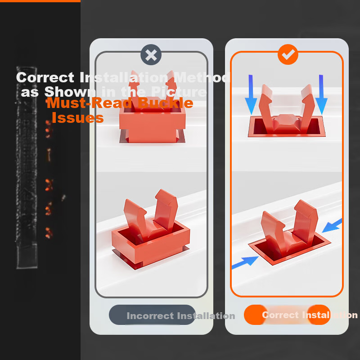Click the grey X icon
(x=151, y=54)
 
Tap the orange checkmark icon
(x=288, y=54)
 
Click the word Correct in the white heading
(x=45, y=77)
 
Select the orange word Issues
(x=77, y=118)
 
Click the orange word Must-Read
(x=89, y=103)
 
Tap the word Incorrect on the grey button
(x=150, y=316)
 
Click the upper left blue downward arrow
(x=251, y=94)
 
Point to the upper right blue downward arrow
(x=321, y=94)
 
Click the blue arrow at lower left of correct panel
(x=245, y=262)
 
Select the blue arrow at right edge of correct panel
(x=332, y=225)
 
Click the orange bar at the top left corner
(x=40, y=1)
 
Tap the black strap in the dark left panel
(x=27, y=167)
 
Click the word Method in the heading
(x=202, y=77)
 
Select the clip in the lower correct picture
(x=290, y=232)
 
